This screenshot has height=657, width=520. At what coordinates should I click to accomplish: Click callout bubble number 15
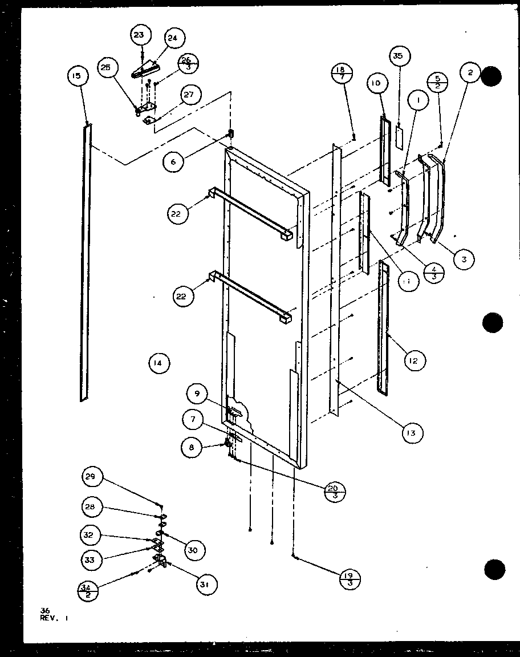78,76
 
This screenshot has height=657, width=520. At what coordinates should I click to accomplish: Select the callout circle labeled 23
139,35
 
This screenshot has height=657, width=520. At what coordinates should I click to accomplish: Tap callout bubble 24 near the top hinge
172,39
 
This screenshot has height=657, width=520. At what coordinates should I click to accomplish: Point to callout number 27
192,96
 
